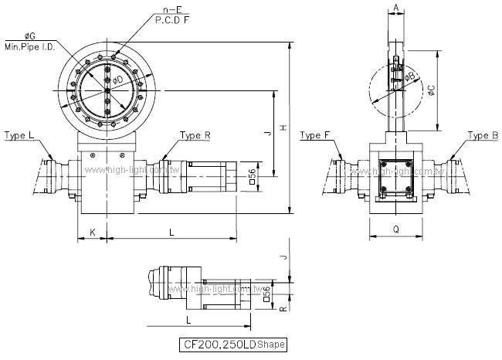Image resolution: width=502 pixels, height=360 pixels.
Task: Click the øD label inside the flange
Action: [117, 80]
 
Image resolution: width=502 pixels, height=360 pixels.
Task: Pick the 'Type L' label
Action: [19, 135]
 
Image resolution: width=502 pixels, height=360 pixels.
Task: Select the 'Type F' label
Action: [317, 135]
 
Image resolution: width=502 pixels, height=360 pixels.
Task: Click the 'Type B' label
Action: [483, 135]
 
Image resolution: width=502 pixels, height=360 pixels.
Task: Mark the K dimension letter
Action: [91, 232]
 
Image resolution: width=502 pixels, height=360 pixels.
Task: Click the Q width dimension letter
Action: [395, 229]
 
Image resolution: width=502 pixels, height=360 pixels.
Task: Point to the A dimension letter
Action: [395, 8]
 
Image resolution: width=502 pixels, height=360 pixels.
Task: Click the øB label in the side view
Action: [409, 76]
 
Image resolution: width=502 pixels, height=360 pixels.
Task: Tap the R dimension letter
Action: [284, 307]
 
